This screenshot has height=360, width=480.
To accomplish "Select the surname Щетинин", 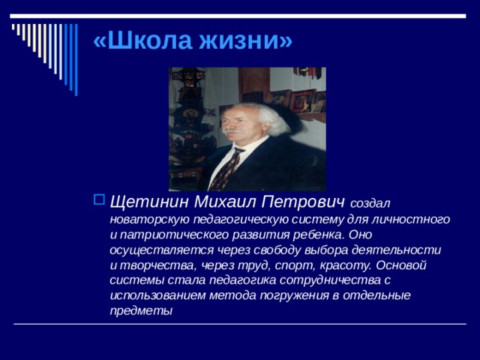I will pos(149,202).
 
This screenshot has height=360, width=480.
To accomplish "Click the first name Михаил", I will pos(222,202).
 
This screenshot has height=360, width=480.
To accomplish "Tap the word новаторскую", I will pos(147,220).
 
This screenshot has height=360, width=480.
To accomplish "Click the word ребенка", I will pos(304,235).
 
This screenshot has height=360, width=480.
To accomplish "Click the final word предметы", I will pos(141,310).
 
